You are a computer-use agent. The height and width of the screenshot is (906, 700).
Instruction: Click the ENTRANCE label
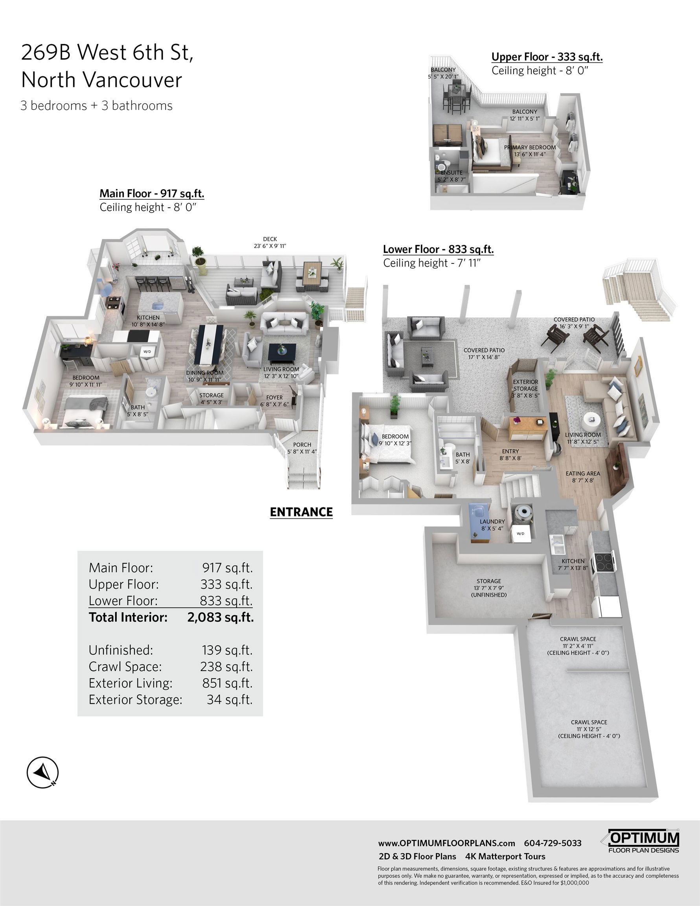coord(301,512)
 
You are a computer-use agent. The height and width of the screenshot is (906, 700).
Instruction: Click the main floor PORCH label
coord(302,445)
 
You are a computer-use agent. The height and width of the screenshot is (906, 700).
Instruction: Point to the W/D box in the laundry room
coord(520,534)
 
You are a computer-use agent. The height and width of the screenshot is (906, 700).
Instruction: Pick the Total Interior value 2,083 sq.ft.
coord(220,617)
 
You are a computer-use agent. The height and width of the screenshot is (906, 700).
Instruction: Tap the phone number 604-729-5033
coord(553,843)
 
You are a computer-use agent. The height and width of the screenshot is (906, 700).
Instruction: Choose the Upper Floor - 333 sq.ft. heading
coord(547,57)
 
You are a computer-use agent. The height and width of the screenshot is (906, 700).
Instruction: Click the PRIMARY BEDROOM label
coord(530,147)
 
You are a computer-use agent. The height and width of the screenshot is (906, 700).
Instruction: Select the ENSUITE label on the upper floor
coord(451,173)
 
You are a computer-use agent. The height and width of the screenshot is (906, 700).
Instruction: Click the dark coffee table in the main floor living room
coord(282,352)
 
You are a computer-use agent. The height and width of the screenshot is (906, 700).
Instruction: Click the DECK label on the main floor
coord(270,239)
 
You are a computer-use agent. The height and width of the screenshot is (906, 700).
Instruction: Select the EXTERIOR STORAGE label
coord(525,385)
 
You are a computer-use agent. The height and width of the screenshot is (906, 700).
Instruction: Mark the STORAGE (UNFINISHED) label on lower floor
coord(489,588)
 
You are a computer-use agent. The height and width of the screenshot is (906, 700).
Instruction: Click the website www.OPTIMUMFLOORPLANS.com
coord(446,843)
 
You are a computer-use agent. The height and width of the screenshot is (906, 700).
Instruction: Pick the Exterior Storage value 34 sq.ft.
coord(229,700)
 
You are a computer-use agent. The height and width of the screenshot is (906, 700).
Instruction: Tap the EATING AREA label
coord(582,473)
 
